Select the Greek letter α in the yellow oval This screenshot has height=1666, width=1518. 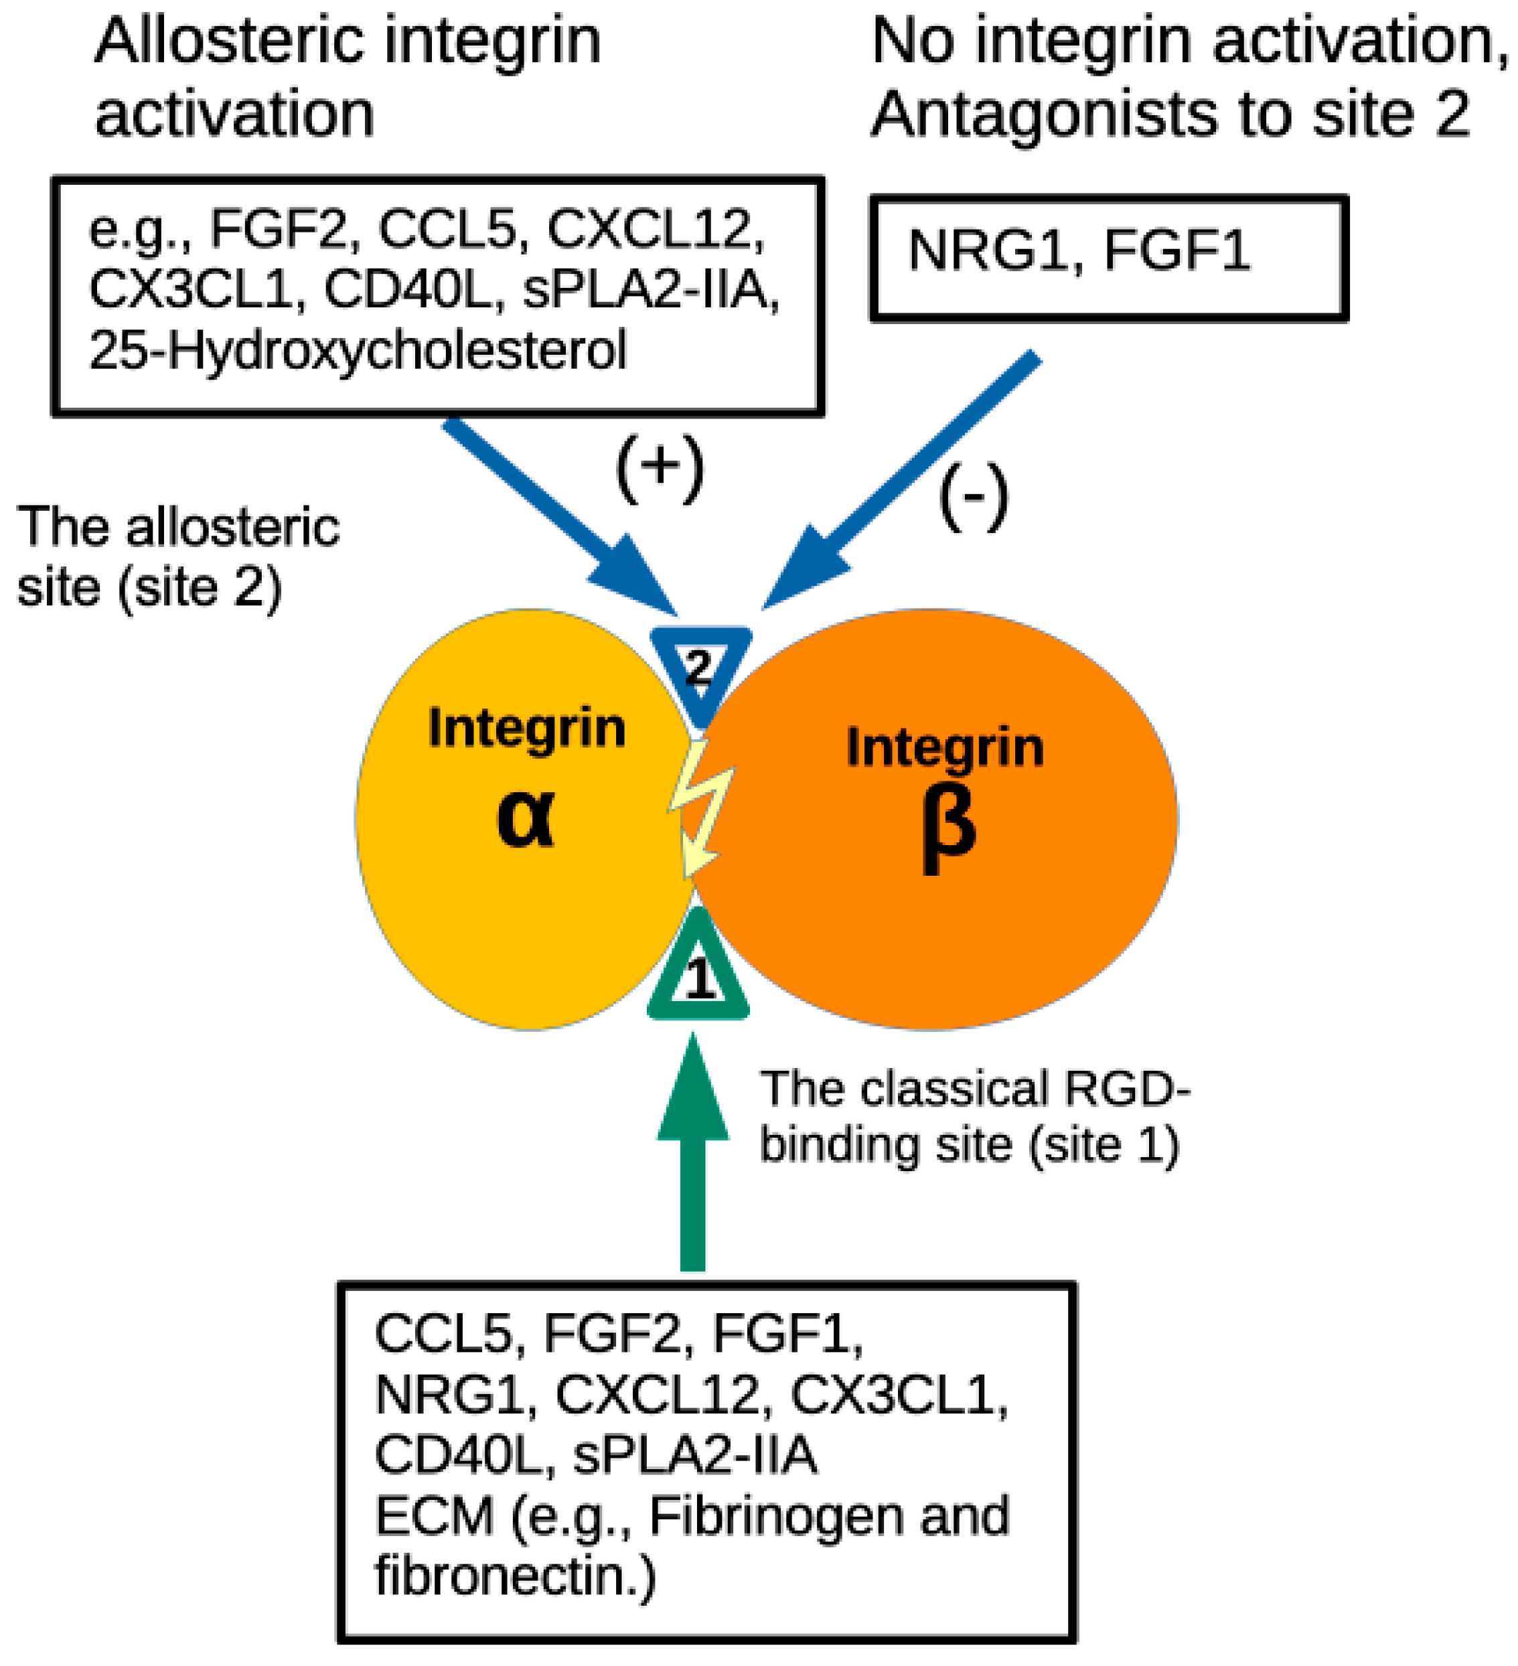pyautogui.click(x=526, y=818)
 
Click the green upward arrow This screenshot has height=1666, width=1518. pyautogui.click(x=692, y=1157)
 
